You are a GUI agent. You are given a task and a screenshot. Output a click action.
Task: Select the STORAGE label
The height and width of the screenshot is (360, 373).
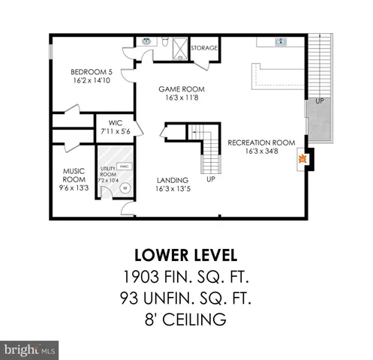coord(203,48)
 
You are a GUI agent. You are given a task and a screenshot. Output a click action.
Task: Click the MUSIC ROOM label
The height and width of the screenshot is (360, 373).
coord(74,175)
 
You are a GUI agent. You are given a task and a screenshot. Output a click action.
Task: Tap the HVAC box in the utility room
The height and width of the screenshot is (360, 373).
coord(125,167)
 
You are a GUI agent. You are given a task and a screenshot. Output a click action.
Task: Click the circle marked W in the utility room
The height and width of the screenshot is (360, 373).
coord(125,188)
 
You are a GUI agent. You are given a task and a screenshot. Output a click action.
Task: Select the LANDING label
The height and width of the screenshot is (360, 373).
coord(172,181)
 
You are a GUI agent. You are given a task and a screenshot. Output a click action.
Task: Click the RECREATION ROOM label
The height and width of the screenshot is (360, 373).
coord(261,142)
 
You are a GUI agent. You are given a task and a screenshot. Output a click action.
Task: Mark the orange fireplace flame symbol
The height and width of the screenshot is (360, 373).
coord(302,159)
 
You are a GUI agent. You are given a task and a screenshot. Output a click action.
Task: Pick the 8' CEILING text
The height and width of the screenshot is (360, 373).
coord(186,320)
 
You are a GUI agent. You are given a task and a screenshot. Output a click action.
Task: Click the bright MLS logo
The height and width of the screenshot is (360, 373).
coord(30,349)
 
